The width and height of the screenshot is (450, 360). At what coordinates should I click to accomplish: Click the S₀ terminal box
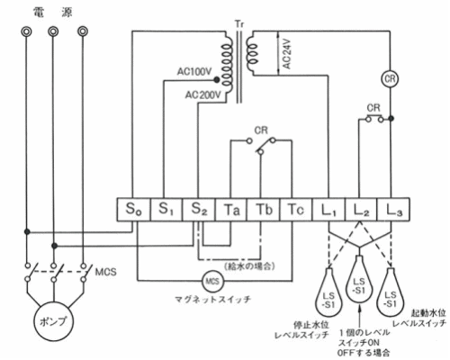point(133,210)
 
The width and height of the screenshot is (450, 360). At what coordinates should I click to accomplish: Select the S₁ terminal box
point(166,210)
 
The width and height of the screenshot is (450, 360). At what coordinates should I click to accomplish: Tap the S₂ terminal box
point(199,210)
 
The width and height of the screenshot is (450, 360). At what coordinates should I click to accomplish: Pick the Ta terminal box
point(231,210)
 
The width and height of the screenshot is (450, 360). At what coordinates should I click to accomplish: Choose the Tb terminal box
point(264,210)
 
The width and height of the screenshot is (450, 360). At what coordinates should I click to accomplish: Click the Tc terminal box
point(296,210)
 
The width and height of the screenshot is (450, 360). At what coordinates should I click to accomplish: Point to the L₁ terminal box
point(328,210)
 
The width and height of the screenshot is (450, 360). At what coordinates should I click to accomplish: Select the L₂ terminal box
point(361,210)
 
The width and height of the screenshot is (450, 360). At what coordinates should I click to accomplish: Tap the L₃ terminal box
point(393,210)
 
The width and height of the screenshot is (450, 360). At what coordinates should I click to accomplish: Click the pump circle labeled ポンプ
point(53,321)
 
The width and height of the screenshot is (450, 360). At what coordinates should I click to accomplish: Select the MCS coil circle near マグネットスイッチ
point(212,281)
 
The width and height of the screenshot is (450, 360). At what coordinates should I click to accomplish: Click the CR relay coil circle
point(390,79)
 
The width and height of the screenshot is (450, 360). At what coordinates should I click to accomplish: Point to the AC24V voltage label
point(287,54)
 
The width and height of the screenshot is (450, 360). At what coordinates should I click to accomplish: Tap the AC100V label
point(194,72)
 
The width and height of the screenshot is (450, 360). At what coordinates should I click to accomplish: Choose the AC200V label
point(202,95)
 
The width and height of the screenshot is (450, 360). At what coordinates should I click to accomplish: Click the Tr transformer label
point(239,24)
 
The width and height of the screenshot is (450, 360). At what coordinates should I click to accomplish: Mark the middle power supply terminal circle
point(53,31)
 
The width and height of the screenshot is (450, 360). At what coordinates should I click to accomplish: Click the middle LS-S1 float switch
point(359,279)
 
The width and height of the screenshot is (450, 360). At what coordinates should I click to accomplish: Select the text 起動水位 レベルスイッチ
point(419,318)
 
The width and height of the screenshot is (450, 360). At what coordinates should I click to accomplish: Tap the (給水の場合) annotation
point(249,265)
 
